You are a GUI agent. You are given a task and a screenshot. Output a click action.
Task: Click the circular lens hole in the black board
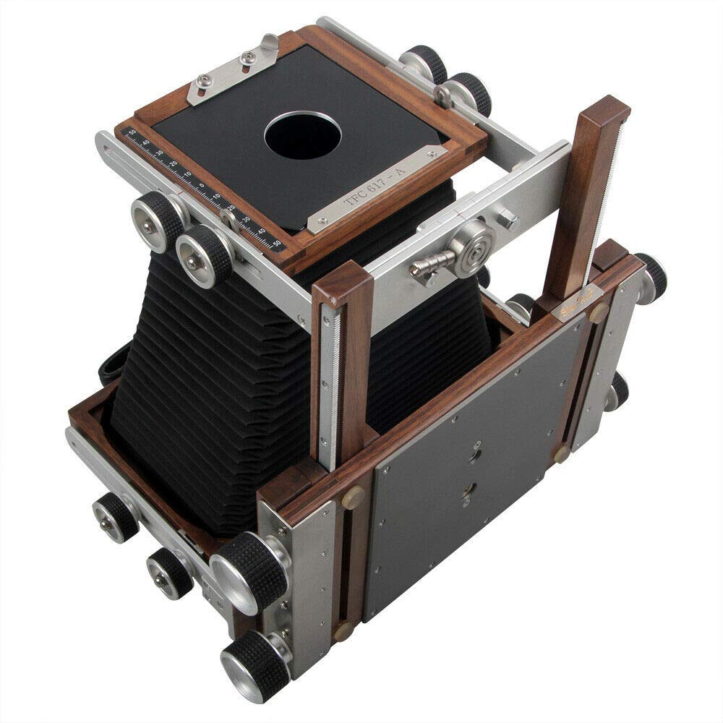[x=302, y=135]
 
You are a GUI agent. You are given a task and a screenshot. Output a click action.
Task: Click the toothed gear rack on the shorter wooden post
[x=329, y=383]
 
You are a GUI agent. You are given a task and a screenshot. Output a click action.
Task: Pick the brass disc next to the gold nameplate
[x=599, y=312]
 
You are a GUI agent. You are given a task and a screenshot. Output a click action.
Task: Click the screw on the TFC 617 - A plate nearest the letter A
[x=432, y=155]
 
